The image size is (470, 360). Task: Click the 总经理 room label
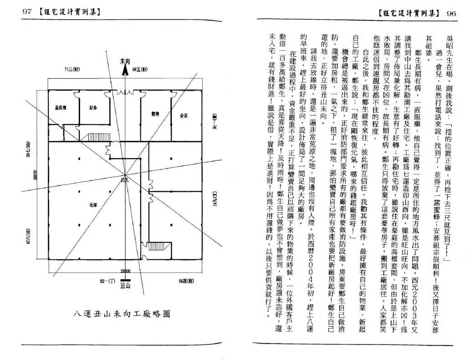[x=61, y=108]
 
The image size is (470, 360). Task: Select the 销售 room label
[x=154, y=114]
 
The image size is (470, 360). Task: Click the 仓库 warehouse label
[x=92, y=205]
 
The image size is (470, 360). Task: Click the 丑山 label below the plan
[x=125, y=285]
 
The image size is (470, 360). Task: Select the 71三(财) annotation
[x=73, y=69]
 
